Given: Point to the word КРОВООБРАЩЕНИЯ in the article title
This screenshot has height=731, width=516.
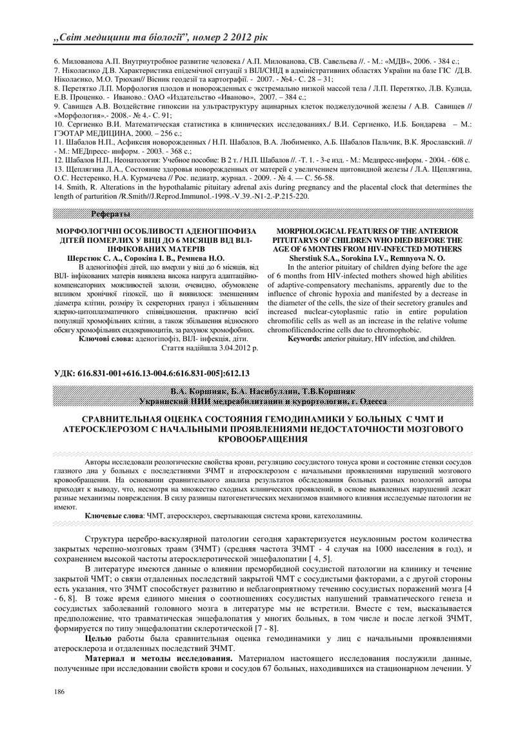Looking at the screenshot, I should pyautogui.click(x=258, y=440).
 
